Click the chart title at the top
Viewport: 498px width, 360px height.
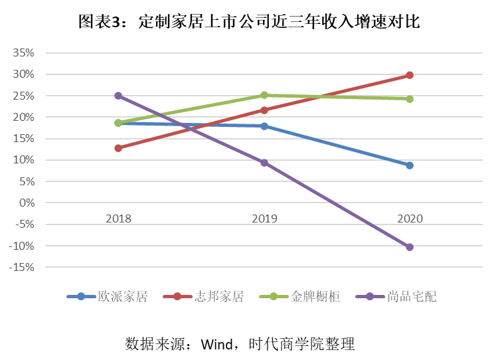point(249,22)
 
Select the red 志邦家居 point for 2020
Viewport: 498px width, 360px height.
point(410,75)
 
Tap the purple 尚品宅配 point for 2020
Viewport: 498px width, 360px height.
point(410,247)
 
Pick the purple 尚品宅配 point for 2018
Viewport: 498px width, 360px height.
point(118,96)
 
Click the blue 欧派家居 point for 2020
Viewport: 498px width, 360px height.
point(410,165)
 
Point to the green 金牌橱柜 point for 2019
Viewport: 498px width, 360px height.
point(264,95)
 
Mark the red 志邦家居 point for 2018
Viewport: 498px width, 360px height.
point(118,148)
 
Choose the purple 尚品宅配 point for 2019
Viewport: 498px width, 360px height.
point(264,163)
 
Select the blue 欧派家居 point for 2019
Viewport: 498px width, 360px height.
point(264,126)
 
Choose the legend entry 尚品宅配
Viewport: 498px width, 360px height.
point(412,297)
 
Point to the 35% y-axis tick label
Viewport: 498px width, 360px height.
point(23,52)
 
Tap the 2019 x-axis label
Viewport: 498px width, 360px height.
point(264,219)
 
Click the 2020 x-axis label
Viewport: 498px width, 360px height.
point(410,219)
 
